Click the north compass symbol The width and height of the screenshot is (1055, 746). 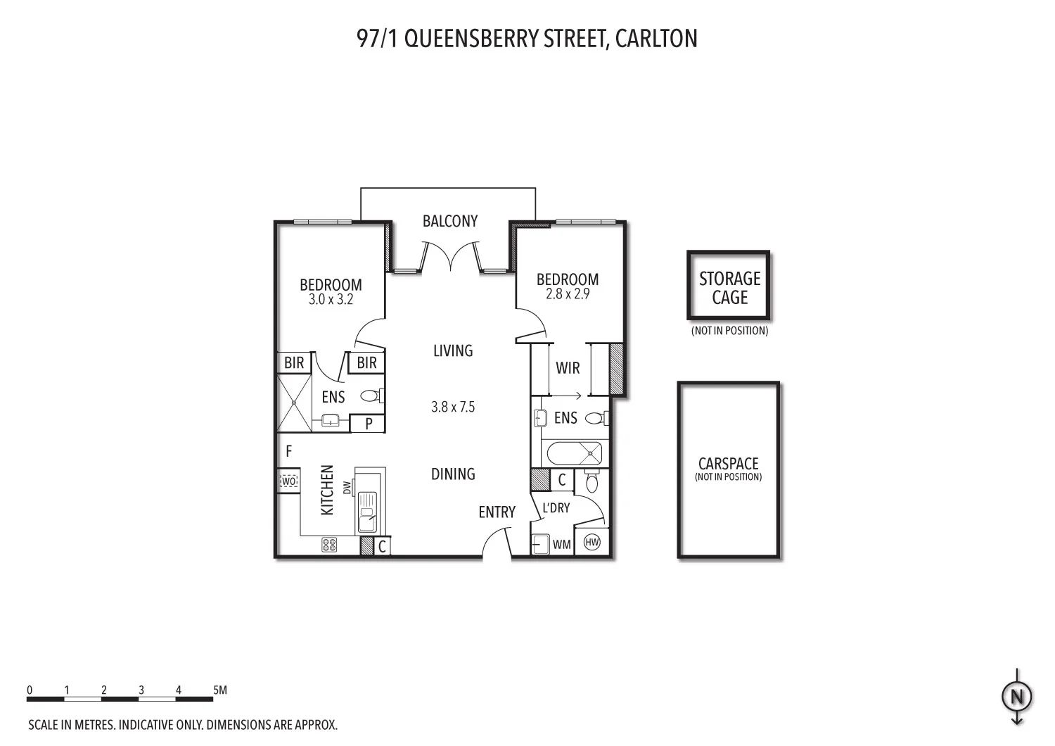(x=1016, y=697)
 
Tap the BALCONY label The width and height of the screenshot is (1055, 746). (x=450, y=221)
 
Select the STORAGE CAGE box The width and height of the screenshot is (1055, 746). (x=729, y=286)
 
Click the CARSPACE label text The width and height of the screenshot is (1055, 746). (x=728, y=464)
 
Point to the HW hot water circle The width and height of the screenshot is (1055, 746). (x=592, y=543)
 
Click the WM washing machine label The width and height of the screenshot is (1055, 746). (x=561, y=544)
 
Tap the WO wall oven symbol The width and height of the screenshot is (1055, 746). (x=288, y=481)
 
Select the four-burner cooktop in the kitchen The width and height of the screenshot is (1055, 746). (x=329, y=544)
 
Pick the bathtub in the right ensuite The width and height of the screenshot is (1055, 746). (x=575, y=453)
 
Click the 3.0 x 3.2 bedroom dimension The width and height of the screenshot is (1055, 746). (x=331, y=299)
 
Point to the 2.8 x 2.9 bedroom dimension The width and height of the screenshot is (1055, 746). (x=568, y=293)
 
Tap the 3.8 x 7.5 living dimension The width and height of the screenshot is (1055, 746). (x=453, y=407)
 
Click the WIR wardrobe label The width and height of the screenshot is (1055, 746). (x=568, y=368)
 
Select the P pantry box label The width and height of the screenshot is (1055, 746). (x=368, y=424)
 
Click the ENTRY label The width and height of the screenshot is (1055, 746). (x=497, y=512)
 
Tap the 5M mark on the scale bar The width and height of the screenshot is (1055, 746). (x=219, y=690)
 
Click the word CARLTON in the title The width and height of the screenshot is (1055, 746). (x=656, y=38)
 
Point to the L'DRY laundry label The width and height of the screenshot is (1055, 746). (x=556, y=507)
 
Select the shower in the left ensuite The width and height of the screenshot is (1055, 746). (x=293, y=403)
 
